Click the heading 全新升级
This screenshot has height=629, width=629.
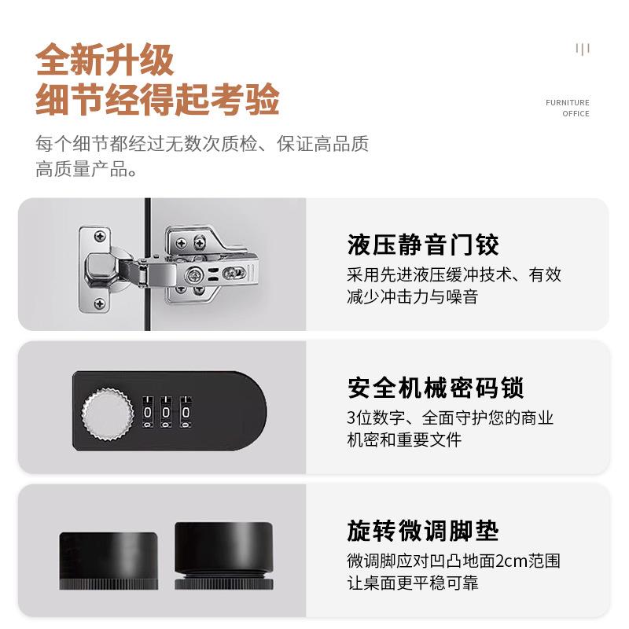point(105,61)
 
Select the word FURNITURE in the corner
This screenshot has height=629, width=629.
point(567,103)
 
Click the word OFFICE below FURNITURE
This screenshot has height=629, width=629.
point(576,114)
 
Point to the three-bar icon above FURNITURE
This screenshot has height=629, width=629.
point(583,50)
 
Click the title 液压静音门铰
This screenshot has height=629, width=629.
point(423,245)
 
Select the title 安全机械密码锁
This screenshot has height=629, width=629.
point(436,388)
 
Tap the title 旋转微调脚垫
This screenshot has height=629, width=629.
point(423,531)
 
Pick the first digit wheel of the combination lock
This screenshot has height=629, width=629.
point(148,411)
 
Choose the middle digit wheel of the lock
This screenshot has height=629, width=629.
point(167,411)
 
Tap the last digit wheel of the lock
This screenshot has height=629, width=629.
point(186,411)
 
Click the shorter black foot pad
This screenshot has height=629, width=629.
point(108,560)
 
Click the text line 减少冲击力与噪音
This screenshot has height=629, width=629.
point(412,297)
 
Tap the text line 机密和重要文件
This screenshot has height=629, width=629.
point(404,440)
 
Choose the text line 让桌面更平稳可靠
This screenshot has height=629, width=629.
point(412,583)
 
